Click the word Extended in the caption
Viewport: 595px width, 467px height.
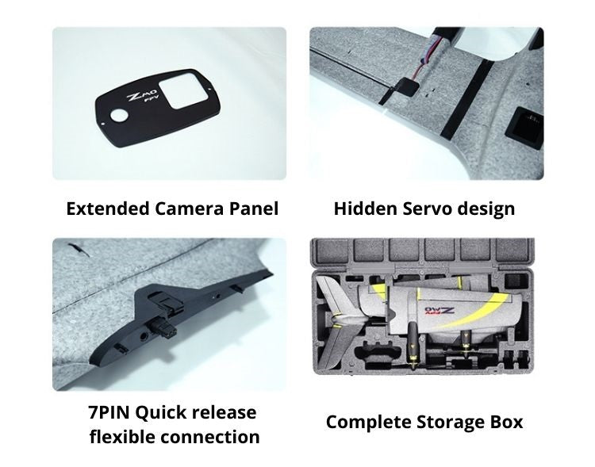pyautogui.click(x=108, y=209)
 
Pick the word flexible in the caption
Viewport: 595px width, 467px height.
pyautogui.click(x=122, y=437)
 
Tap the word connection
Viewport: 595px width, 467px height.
pyautogui.click(x=210, y=438)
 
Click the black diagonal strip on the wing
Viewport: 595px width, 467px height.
pyautogui.click(x=467, y=98)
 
